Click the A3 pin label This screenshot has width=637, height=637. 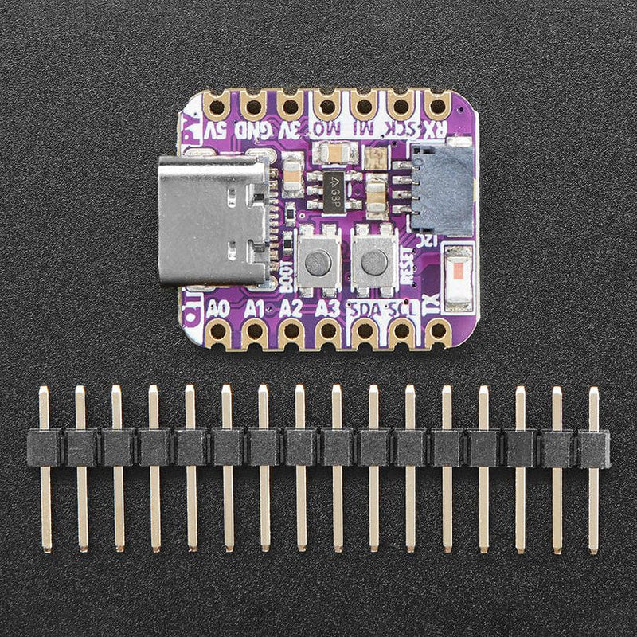tap(327, 308)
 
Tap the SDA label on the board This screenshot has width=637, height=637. tap(365, 309)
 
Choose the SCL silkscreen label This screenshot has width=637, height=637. tap(401, 309)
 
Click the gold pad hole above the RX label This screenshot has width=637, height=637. tap(437, 104)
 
